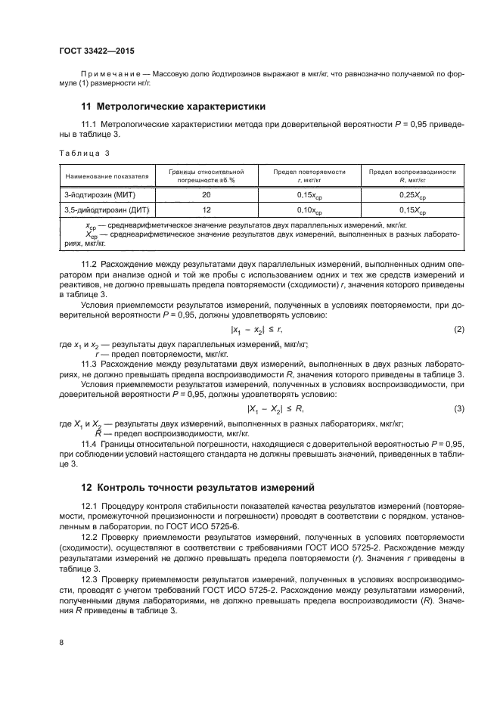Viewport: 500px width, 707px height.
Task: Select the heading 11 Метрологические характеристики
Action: tap(173, 106)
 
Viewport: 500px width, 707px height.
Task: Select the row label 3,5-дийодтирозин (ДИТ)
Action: tap(102, 209)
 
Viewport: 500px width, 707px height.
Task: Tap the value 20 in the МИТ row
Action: tap(207, 195)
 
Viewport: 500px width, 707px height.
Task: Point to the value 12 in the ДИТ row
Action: tap(207, 209)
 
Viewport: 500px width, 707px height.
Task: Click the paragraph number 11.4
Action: tap(89, 444)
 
